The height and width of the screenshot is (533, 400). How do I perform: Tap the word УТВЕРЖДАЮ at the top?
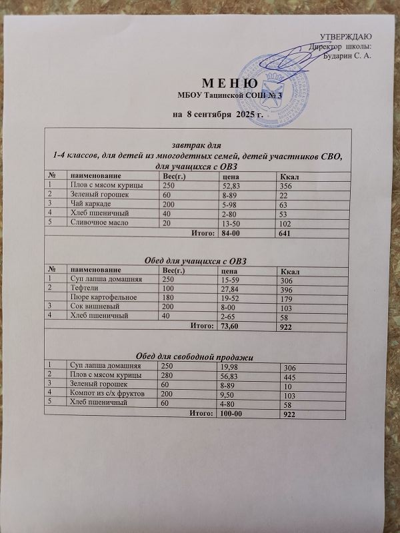[346, 35]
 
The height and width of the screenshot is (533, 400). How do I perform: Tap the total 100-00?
[231, 414]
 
